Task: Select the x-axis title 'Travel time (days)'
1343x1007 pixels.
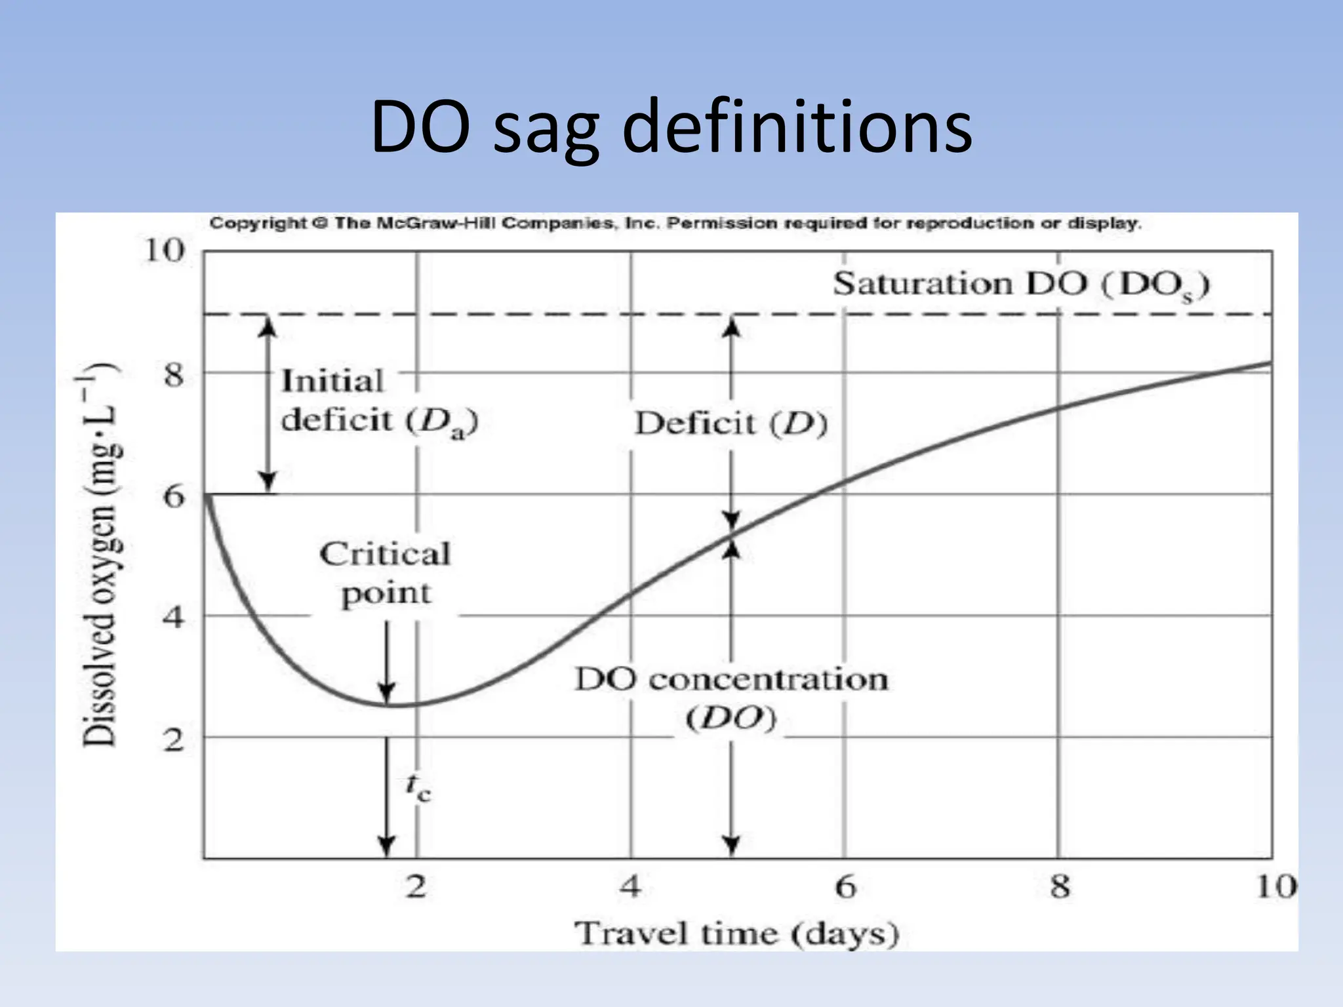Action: pyautogui.click(x=736, y=933)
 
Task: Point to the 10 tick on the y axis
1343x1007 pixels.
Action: pyautogui.click(x=163, y=250)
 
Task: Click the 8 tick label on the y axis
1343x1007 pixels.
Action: pyautogui.click(x=173, y=375)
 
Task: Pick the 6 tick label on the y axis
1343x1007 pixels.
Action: pyautogui.click(x=174, y=496)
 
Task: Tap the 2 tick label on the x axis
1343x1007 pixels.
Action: pyautogui.click(x=416, y=887)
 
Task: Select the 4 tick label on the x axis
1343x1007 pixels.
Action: pyautogui.click(x=630, y=887)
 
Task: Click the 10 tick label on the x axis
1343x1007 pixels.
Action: pyautogui.click(x=1275, y=887)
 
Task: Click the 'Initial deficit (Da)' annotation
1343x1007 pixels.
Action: pyautogui.click(x=379, y=401)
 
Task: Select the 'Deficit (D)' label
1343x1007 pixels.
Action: pyautogui.click(x=731, y=424)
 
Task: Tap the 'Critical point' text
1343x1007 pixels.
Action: pyautogui.click(x=386, y=573)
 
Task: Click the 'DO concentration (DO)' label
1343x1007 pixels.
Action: pyautogui.click(x=731, y=698)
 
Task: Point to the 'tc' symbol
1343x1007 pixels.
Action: pyautogui.click(x=418, y=787)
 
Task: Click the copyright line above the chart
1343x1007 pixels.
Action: pyautogui.click(x=675, y=224)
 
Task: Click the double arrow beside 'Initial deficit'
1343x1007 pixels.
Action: pyautogui.click(x=267, y=403)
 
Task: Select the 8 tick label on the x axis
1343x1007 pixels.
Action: pyautogui.click(x=1059, y=887)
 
